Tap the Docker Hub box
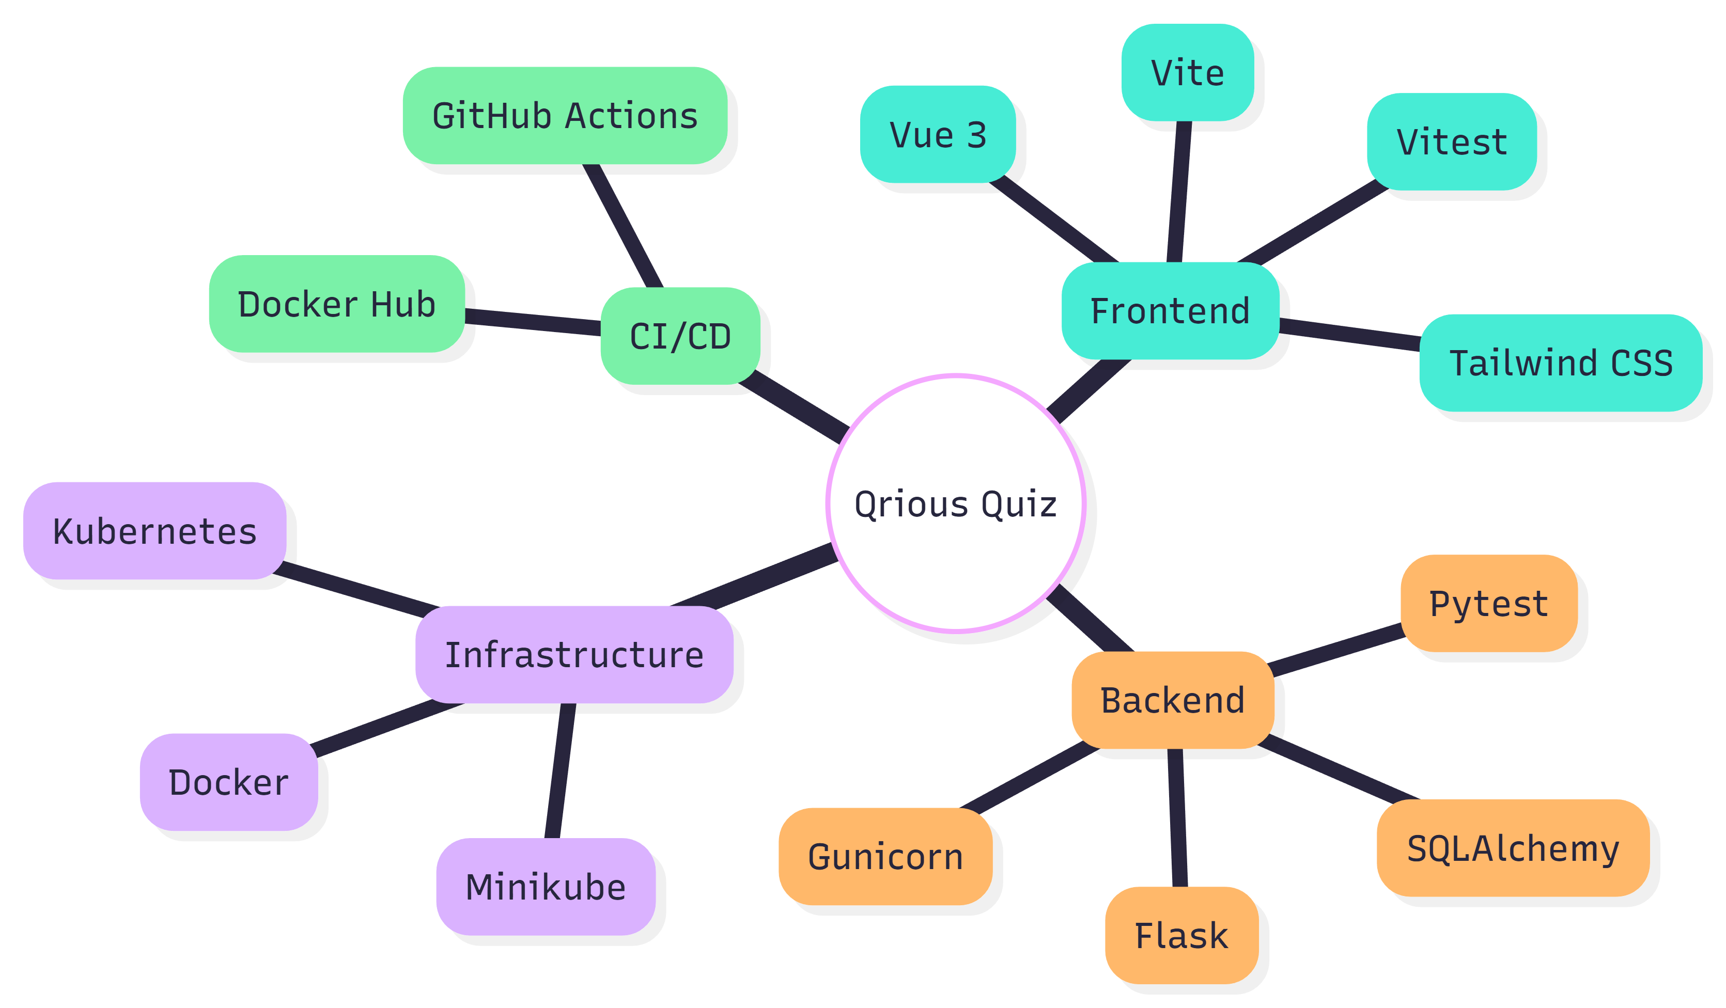click(336, 304)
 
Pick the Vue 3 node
click(937, 134)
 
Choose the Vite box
click(1187, 73)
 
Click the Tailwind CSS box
click(1560, 363)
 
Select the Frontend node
click(1170, 311)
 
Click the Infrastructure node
click(574, 655)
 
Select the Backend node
click(1173, 700)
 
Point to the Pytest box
click(1488, 603)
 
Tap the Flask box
click(1181, 935)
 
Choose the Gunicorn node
click(885, 857)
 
